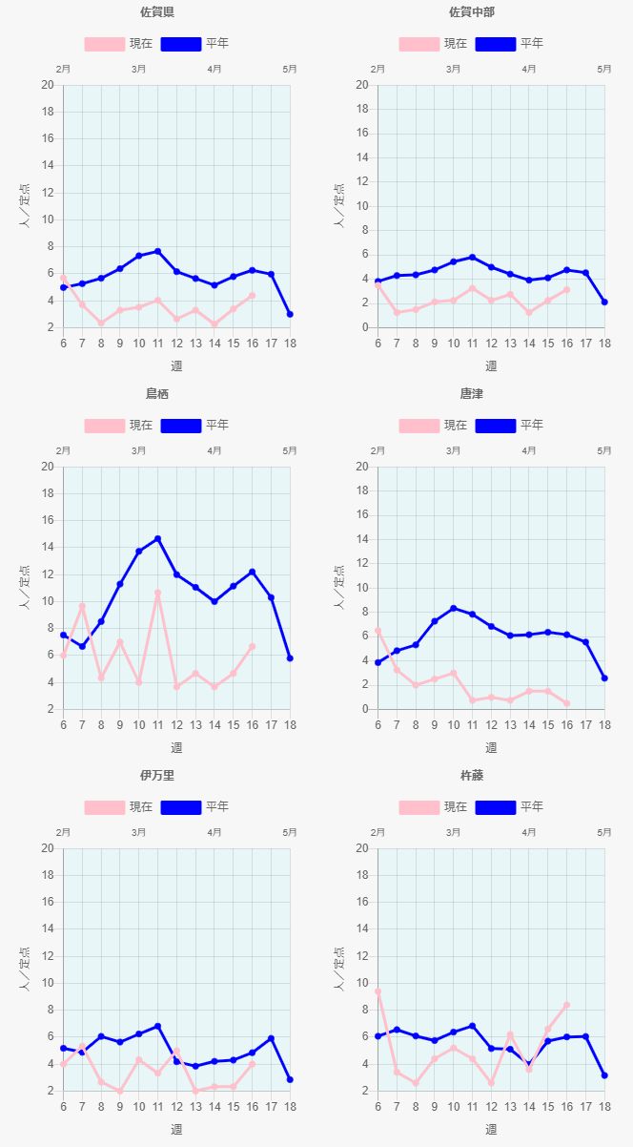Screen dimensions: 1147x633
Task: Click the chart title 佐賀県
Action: tap(157, 12)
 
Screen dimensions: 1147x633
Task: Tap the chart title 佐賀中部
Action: tap(472, 12)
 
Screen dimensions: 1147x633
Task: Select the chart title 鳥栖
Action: tap(157, 394)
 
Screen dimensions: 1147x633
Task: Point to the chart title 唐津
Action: tap(472, 394)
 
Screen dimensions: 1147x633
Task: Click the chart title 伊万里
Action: tap(157, 776)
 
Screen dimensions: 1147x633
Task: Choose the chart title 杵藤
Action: tap(472, 776)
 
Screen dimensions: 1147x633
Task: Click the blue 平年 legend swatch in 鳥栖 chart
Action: tap(181, 426)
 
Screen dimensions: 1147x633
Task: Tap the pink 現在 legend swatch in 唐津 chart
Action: tap(419, 426)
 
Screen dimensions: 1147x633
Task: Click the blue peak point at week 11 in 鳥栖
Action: tap(157, 539)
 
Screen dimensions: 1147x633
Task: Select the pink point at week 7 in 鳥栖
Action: tap(82, 606)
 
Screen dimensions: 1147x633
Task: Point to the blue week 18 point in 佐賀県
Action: tap(290, 314)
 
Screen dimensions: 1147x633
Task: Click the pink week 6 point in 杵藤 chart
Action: tap(378, 991)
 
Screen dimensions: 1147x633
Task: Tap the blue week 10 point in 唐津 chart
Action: tap(453, 608)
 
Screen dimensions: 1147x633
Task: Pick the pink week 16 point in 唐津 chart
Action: tap(566, 703)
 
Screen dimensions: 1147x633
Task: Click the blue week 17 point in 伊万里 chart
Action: tap(271, 1038)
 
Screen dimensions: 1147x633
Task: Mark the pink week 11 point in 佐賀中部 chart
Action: tap(472, 288)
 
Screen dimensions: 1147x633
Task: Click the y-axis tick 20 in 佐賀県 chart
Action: tap(47, 85)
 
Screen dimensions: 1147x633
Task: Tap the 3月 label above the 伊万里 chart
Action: tap(138, 832)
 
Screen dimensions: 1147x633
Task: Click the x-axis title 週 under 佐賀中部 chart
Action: tap(491, 365)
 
